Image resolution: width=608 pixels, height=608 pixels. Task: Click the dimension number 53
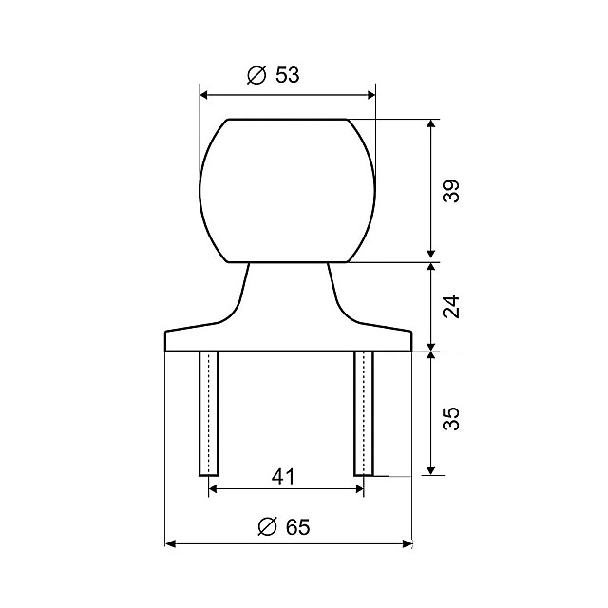pyautogui.click(x=287, y=75)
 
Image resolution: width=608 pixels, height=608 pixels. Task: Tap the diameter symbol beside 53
pyautogui.click(x=257, y=75)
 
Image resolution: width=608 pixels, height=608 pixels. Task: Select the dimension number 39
pyautogui.click(x=451, y=191)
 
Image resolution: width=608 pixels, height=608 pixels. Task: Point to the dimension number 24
pyautogui.click(x=451, y=307)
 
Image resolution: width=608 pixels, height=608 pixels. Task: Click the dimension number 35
pyautogui.click(x=451, y=418)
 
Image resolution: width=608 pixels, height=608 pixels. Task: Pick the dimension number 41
pyautogui.click(x=283, y=477)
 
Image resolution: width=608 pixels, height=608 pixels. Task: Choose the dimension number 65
pyautogui.click(x=297, y=527)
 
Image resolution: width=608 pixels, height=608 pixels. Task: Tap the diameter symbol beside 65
pyautogui.click(x=268, y=527)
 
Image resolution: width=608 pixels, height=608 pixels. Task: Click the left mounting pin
pyautogui.click(x=209, y=414)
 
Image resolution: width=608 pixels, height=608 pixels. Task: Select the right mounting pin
pyautogui.click(x=364, y=414)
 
